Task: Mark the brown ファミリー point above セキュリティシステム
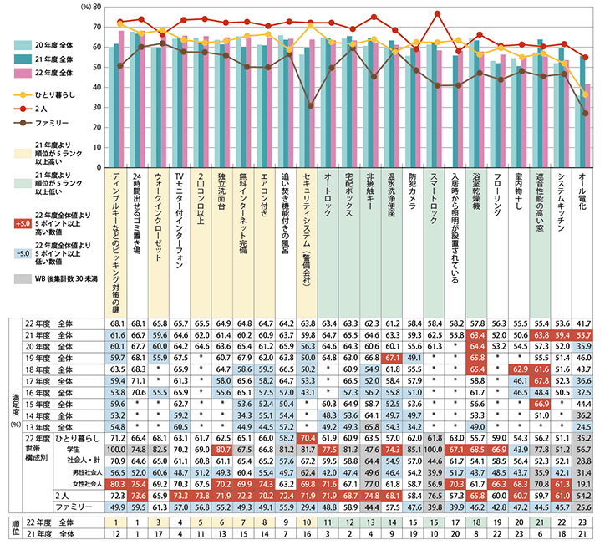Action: tap(311, 106)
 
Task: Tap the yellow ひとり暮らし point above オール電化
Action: tap(586, 94)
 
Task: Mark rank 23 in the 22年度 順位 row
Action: tap(586, 522)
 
